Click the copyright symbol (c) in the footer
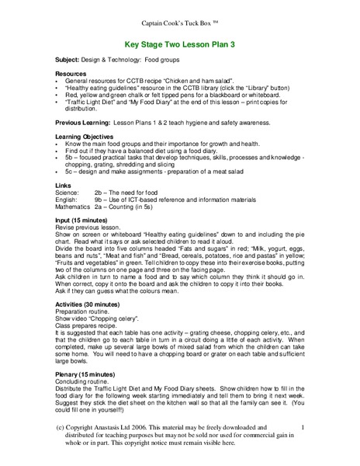pos(61,426)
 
